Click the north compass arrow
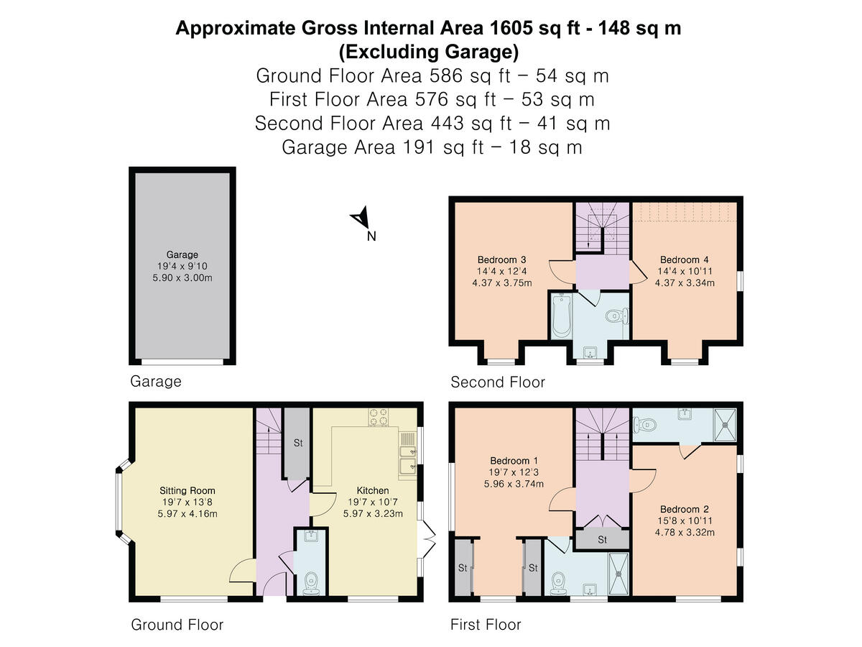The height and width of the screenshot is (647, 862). (361, 217)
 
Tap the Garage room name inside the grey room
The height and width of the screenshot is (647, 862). (182, 254)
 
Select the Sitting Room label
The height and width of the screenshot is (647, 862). (187, 490)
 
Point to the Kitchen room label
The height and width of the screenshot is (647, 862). (373, 490)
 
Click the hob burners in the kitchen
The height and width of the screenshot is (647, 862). (379, 417)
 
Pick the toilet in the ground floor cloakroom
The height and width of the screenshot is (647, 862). (311, 584)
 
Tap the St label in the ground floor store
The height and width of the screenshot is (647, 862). (298, 443)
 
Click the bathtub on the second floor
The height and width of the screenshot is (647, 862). (561, 316)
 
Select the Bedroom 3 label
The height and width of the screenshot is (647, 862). (501, 260)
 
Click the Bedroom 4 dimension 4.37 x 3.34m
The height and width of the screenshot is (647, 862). (685, 283)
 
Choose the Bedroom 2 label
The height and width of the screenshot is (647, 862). (685, 509)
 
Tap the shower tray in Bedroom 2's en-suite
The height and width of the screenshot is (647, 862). (725, 425)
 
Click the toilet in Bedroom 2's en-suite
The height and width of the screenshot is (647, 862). (645, 425)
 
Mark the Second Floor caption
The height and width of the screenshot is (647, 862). (498, 382)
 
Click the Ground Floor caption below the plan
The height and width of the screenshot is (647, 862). (177, 625)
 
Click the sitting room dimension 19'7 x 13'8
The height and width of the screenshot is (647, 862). (187, 502)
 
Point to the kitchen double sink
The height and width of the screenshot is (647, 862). (408, 459)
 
